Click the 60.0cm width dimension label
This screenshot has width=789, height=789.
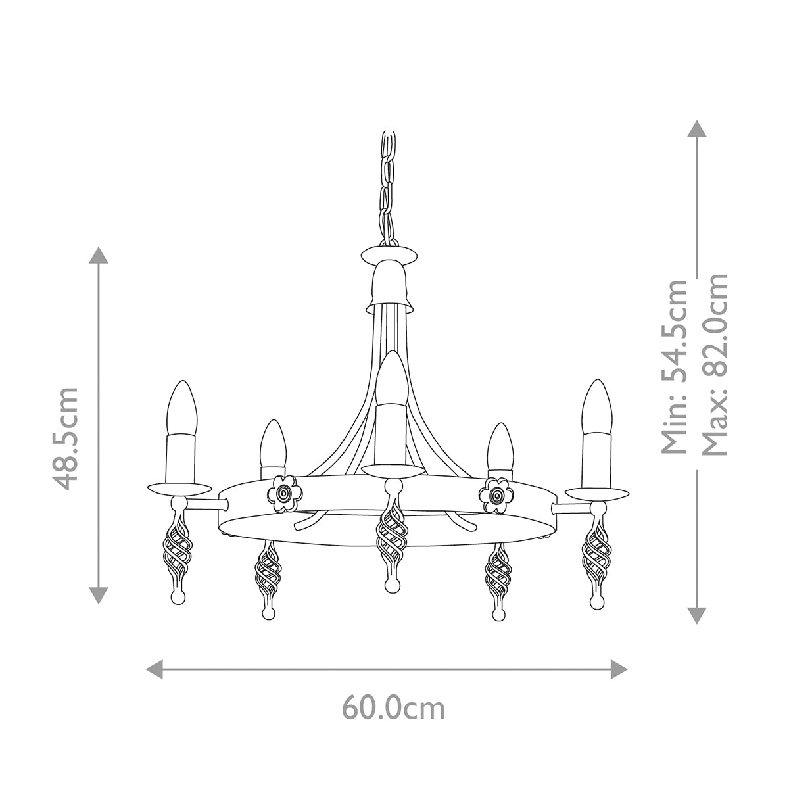pyautogui.click(x=393, y=708)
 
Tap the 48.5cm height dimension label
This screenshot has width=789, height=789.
pyautogui.click(x=66, y=438)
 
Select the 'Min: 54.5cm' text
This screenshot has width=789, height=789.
pyautogui.click(x=675, y=366)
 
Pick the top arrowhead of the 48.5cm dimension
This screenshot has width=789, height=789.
pyautogui.click(x=99, y=255)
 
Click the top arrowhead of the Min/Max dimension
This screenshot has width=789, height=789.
pyautogui.click(x=696, y=128)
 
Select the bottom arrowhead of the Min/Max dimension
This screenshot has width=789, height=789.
pyautogui.click(x=696, y=615)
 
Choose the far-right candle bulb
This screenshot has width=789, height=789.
pyautogui.click(x=596, y=408)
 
